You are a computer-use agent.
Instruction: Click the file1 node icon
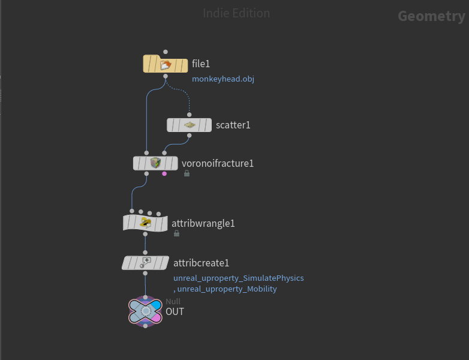click(x=166, y=64)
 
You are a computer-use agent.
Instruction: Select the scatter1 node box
click(x=189, y=125)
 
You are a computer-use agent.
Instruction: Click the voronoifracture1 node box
click(x=155, y=163)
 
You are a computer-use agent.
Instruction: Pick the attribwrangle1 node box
click(x=145, y=223)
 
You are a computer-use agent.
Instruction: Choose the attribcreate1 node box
click(x=145, y=263)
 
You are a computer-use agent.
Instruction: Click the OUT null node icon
click(x=145, y=311)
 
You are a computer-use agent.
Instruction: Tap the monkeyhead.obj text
click(x=223, y=79)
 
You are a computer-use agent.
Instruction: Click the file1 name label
click(x=201, y=64)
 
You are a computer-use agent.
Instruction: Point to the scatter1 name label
click(x=233, y=125)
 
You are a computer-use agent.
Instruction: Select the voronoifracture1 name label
click(x=218, y=163)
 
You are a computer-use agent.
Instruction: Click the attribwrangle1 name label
click(x=203, y=223)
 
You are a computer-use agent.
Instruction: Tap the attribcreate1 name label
click(x=202, y=263)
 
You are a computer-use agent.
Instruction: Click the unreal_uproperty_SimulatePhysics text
click(x=239, y=278)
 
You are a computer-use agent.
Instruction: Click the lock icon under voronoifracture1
click(x=187, y=173)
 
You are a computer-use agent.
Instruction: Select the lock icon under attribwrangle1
click(x=176, y=233)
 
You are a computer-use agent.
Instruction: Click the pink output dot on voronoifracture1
click(x=164, y=174)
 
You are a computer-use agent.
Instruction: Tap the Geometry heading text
click(x=431, y=16)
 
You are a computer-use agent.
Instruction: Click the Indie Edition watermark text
click(x=236, y=13)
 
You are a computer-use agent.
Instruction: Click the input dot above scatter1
click(x=189, y=115)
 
